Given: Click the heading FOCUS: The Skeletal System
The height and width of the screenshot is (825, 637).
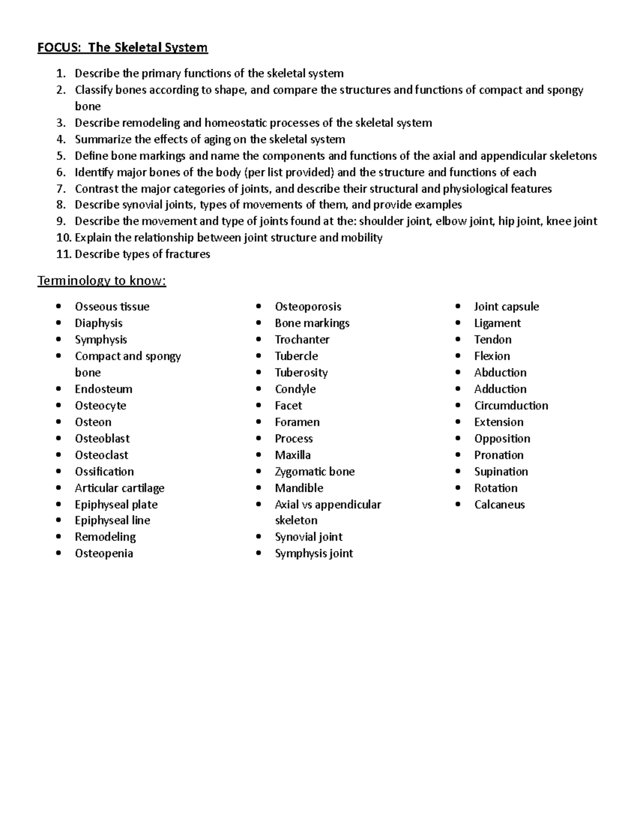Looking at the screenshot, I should (x=122, y=48).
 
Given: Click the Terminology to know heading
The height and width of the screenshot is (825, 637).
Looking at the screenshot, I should (x=101, y=280).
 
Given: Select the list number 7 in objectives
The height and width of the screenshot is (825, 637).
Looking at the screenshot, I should (x=62, y=189).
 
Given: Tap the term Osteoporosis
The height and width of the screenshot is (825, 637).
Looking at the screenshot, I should (x=308, y=307).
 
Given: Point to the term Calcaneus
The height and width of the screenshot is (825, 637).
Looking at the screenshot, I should (x=499, y=505).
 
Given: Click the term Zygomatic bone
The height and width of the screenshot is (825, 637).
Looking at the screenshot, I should (x=314, y=472).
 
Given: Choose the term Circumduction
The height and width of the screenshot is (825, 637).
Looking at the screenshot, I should (x=511, y=406).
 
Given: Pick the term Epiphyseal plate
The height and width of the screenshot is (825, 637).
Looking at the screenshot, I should (x=116, y=505).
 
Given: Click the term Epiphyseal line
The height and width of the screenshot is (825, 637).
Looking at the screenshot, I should (x=112, y=521).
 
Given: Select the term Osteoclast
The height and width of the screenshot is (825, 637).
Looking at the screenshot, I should (x=101, y=455).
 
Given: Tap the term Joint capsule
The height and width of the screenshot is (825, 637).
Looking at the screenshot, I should (x=506, y=307).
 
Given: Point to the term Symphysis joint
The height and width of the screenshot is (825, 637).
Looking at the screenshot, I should (x=313, y=554).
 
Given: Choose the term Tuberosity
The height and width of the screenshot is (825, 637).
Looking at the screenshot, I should (x=301, y=373).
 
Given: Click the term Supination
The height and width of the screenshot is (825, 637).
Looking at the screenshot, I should (x=501, y=472).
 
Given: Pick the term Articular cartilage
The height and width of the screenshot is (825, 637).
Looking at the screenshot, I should (x=119, y=488).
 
